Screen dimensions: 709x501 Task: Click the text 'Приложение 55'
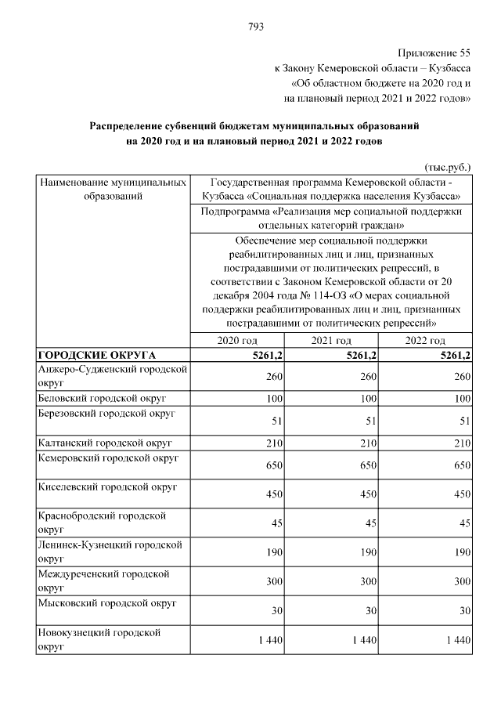(x=434, y=52)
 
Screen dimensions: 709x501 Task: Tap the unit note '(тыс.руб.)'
(x=448, y=167)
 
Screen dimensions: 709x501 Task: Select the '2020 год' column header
(x=236, y=341)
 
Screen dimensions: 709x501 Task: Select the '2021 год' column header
(x=331, y=341)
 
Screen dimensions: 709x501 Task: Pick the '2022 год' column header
(x=425, y=341)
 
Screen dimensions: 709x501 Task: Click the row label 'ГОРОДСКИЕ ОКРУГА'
(x=97, y=355)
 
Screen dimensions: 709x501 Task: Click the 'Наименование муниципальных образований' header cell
(x=113, y=189)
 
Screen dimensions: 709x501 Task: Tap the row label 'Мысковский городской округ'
(x=106, y=603)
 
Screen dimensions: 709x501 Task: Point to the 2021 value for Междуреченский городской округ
(x=366, y=581)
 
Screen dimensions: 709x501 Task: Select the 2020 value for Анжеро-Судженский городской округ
(x=271, y=377)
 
